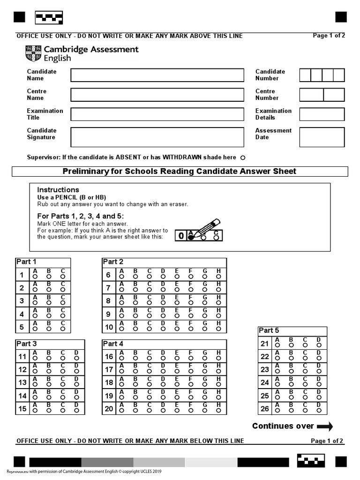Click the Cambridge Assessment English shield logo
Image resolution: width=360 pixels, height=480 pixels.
[33, 53]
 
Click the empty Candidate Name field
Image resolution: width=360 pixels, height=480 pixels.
[157, 75]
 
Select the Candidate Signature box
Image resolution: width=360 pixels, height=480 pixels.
[157, 137]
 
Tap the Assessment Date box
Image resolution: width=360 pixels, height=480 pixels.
[322, 137]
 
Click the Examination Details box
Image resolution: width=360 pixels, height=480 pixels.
[322, 114]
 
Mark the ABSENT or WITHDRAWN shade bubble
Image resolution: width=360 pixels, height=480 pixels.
[243, 158]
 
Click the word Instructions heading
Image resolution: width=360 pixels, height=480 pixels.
[59, 189]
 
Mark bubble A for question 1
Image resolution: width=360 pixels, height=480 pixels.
[35, 277]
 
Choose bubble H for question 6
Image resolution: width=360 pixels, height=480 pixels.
[219, 277]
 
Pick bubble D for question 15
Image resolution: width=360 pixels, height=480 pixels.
[77, 411]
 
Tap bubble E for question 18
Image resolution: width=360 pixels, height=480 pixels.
[177, 385]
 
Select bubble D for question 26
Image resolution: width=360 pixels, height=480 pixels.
[319, 411]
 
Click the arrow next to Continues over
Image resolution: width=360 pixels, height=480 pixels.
[325, 426]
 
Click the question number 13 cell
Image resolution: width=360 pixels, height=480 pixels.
[22, 382]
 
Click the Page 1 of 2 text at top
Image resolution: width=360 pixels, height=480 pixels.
[329, 35]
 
